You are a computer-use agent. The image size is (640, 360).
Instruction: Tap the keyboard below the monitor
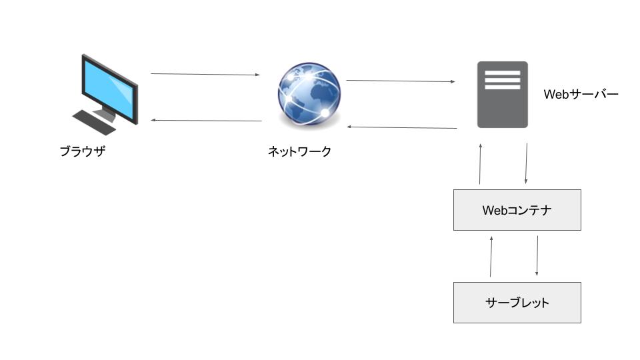pos(94,123)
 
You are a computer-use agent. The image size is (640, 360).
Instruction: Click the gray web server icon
pos(502,95)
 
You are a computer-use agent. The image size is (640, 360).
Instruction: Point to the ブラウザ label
pos(83,151)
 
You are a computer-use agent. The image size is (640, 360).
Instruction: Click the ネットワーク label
pos(299,152)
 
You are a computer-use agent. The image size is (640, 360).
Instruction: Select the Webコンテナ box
pos(517,210)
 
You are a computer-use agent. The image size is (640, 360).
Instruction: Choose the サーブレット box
pos(517,303)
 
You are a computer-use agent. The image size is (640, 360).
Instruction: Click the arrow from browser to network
pos(205,74)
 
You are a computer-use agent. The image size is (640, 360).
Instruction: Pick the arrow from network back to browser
pos(207,121)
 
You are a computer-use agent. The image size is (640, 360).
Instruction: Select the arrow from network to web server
pos(400,81)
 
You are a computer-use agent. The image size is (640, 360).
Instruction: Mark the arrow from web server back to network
pos(402,127)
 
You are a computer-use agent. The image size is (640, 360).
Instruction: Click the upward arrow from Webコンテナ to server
pos(480,163)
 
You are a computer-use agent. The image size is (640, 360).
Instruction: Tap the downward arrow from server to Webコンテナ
pos(527,163)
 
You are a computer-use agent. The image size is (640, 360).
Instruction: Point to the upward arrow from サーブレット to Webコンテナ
pos(491,256)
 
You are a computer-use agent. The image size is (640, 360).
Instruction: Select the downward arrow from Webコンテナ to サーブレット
pos(537,256)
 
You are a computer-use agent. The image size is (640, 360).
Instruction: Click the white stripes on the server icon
pos(502,78)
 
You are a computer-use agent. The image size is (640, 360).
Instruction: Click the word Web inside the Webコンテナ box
pos(494,211)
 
